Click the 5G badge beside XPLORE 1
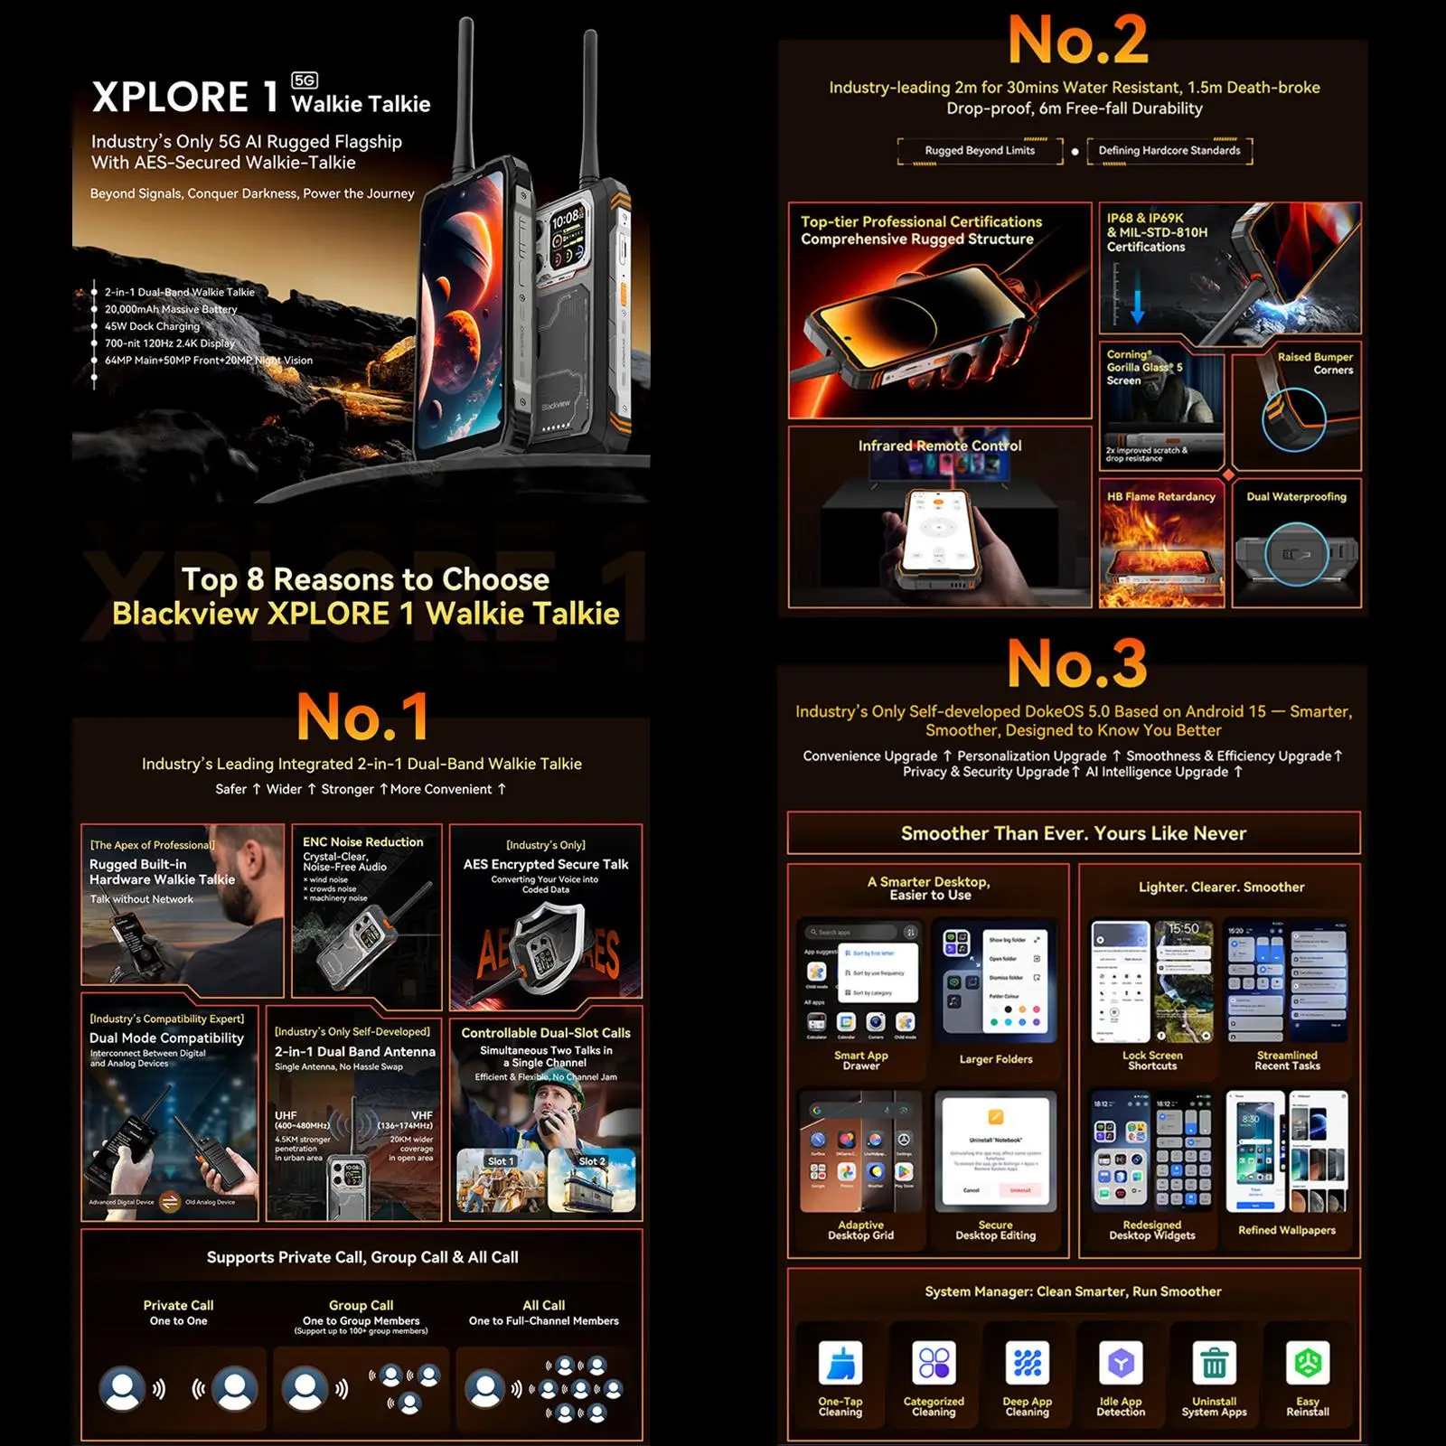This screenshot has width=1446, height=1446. point(305,80)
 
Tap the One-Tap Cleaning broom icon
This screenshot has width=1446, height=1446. point(840,1363)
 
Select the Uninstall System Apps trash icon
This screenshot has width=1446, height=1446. point(1214,1363)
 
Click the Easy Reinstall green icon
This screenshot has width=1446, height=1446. point(1308,1363)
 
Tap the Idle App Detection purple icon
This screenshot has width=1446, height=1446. point(1121,1363)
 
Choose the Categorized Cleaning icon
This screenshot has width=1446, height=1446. point(934,1363)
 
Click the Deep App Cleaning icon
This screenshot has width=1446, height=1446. point(1028,1363)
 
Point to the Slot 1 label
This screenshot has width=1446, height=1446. point(500,1161)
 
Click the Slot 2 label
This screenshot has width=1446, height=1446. point(592,1161)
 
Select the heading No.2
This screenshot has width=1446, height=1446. point(1077,41)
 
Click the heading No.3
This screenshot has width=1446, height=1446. point(1077,664)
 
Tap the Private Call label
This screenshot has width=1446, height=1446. point(178,1305)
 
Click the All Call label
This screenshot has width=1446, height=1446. point(543,1305)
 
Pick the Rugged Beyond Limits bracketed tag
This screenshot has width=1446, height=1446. point(980,151)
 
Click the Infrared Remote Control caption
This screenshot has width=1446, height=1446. point(940,446)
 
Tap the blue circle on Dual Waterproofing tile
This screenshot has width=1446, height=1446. point(1296,554)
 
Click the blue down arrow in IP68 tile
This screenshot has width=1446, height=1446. point(1137,307)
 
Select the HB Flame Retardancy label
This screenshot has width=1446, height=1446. point(1161,496)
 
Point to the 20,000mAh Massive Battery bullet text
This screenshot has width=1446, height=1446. point(171,309)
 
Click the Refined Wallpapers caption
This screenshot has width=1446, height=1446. point(1286,1230)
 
